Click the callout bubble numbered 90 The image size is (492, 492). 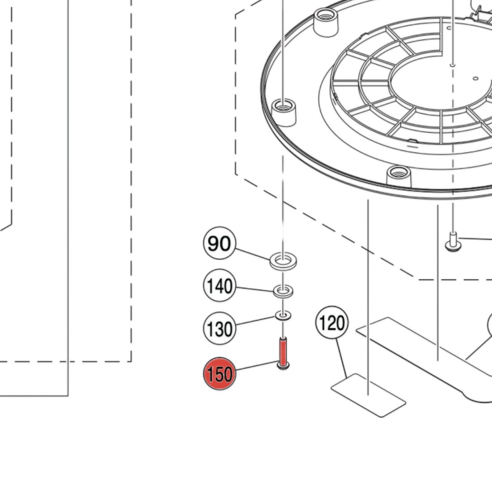click(219, 243)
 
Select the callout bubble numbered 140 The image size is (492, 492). click(219, 285)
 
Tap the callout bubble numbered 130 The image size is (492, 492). click(219, 328)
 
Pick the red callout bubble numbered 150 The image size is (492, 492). click(219, 374)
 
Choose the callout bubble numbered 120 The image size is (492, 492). click(332, 322)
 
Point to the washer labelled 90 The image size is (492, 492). click(283, 261)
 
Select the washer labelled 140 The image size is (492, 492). click(283, 292)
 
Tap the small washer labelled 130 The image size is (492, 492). click(283, 315)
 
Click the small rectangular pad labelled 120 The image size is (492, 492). click(369, 395)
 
